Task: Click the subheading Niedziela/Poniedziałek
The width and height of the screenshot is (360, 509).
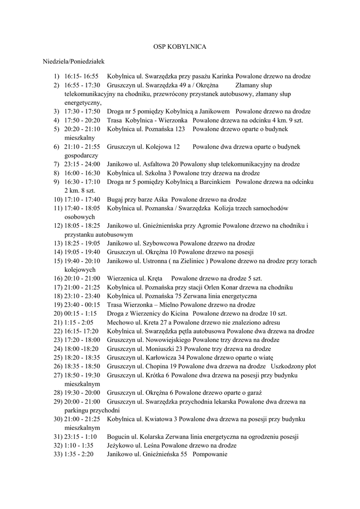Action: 73,62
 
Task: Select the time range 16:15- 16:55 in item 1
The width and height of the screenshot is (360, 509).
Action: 82,77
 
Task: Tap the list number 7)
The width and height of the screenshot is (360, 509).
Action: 57,164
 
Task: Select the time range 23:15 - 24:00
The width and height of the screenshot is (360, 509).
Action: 82,164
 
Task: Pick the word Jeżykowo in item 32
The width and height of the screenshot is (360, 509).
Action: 120,446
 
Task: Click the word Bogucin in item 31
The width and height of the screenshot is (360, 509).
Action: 119,437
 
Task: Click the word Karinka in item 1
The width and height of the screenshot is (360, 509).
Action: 223,77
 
